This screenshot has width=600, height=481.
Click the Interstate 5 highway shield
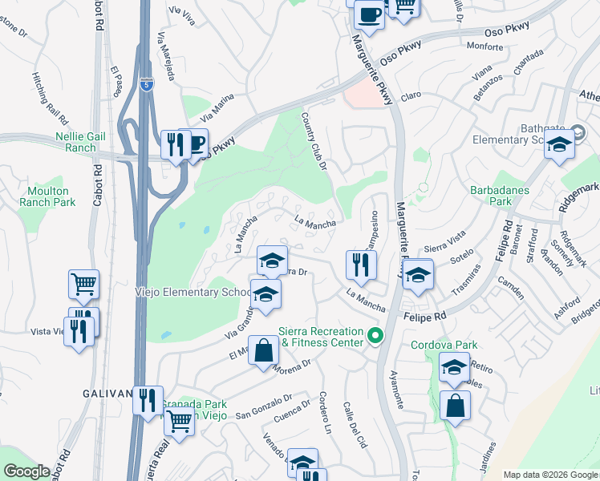[x=145, y=83]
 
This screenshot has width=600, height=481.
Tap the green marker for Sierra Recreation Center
[x=374, y=335]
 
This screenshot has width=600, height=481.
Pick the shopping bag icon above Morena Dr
[x=264, y=350]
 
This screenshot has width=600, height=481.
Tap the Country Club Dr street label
[x=315, y=139]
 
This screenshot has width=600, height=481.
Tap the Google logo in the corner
[x=26, y=471]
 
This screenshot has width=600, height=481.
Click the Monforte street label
[x=484, y=48]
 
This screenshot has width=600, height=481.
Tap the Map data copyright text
[x=549, y=475]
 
